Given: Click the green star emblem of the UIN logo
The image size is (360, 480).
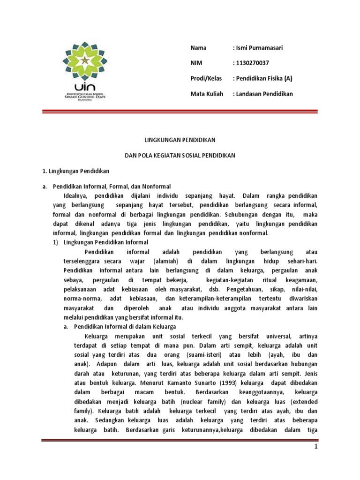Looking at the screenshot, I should click(84, 60).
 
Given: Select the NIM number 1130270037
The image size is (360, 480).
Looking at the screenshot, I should click(251, 63).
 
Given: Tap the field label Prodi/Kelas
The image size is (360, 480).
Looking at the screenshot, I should click(206, 78).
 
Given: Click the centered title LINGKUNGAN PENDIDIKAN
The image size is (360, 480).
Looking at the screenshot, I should click(180, 140).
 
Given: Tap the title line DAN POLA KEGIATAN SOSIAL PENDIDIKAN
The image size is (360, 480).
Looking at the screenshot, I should click(180, 155).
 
